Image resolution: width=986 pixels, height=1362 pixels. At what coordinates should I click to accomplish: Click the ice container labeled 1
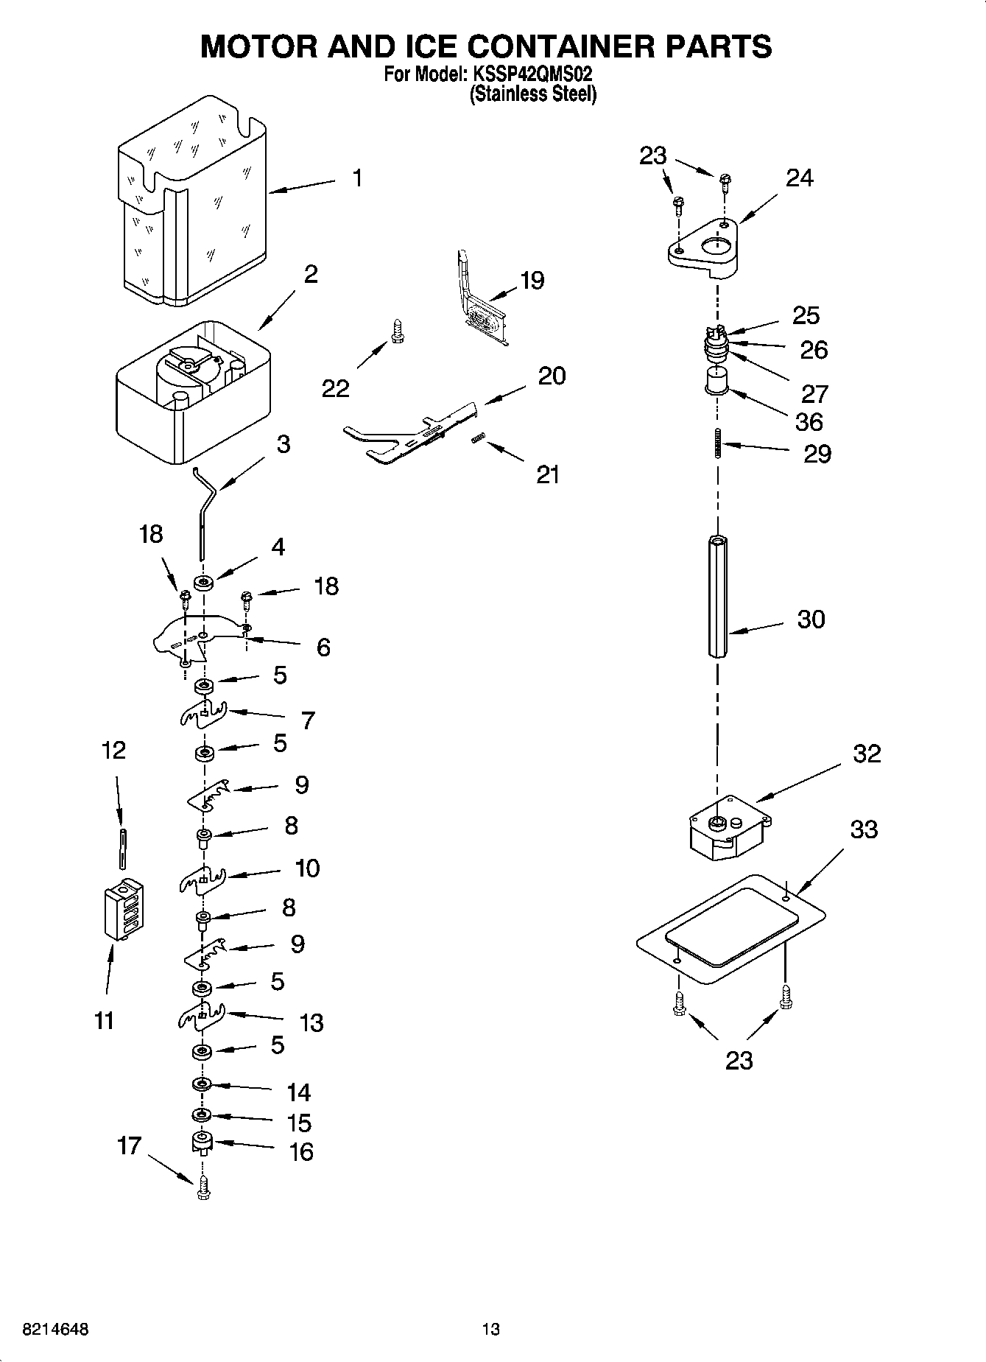pos(193,206)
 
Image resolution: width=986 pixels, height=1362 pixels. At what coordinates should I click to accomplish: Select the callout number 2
pos(311,275)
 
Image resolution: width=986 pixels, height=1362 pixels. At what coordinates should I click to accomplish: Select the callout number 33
pos(864,829)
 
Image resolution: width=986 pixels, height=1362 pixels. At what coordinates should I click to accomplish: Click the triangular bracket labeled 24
pos(703,247)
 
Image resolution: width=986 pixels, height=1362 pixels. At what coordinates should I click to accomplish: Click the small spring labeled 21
pos(478,439)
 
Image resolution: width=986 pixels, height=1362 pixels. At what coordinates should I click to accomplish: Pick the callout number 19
pos(532,281)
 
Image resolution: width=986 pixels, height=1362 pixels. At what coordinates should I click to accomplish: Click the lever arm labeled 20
pos(412,435)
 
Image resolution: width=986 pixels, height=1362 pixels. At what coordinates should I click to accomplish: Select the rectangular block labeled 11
pos(122,910)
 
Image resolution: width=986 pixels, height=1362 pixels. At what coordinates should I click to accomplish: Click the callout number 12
pos(114,750)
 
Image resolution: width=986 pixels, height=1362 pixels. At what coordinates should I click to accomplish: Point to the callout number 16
pos(301,1151)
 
